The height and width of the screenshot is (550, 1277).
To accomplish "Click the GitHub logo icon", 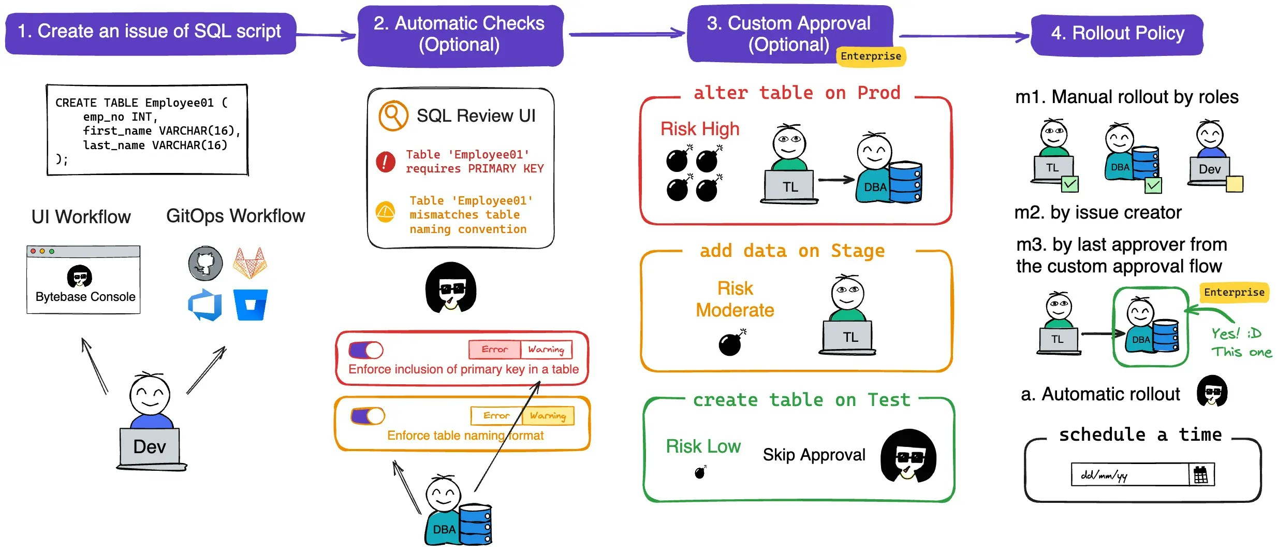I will (x=206, y=263).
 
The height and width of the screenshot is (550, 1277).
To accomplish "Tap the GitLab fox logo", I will (x=250, y=263).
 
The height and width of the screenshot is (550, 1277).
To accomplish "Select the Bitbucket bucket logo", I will (x=251, y=305).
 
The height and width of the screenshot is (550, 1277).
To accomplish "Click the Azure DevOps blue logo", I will (x=206, y=305).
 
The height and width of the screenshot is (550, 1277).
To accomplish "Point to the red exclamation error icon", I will (x=386, y=162).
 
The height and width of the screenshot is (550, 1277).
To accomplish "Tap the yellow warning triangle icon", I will (x=386, y=212).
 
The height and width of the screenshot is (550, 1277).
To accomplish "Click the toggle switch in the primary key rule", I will (x=366, y=350).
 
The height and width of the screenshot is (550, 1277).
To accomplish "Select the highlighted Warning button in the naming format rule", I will (x=548, y=415).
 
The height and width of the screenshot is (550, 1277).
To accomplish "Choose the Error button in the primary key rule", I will (x=494, y=350).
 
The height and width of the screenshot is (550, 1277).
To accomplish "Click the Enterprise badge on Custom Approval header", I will (x=871, y=56).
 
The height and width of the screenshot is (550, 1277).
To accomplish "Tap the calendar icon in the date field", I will (x=1200, y=474).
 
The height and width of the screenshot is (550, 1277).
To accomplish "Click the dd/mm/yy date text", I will (x=1104, y=475).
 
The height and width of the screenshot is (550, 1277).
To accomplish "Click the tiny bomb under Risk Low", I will (x=700, y=472).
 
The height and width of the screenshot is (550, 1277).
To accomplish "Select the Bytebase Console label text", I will (x=85, y=297).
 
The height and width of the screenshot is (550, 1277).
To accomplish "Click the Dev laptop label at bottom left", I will (x=150, y=446).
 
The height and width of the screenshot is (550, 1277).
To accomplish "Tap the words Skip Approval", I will (x=814, y=455).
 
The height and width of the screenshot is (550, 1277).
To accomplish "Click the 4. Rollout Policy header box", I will (x=1117, y=34).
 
